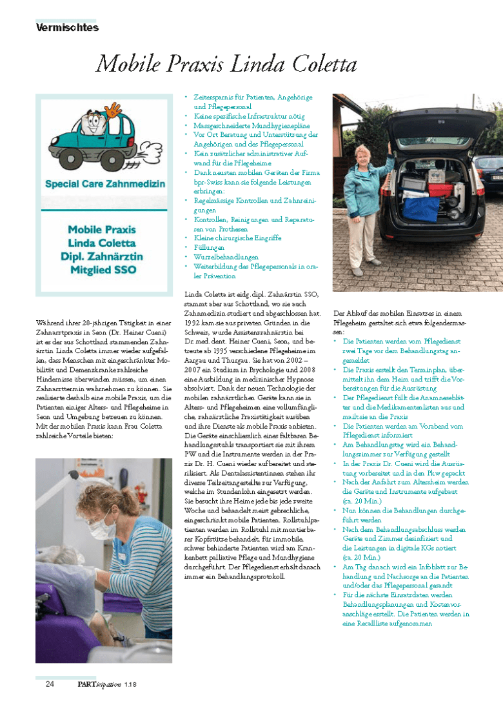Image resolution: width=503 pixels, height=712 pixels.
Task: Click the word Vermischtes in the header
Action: pos(67,28)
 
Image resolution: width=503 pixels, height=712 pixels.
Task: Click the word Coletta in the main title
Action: pos(316,65)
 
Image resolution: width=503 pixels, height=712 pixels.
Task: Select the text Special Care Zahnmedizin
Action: pos(105,184)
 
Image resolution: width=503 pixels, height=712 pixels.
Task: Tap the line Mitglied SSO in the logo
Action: pos(103,270)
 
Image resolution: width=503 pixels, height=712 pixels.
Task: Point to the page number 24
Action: pos(50,684)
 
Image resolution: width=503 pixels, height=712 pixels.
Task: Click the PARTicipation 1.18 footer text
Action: pos(103,684)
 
